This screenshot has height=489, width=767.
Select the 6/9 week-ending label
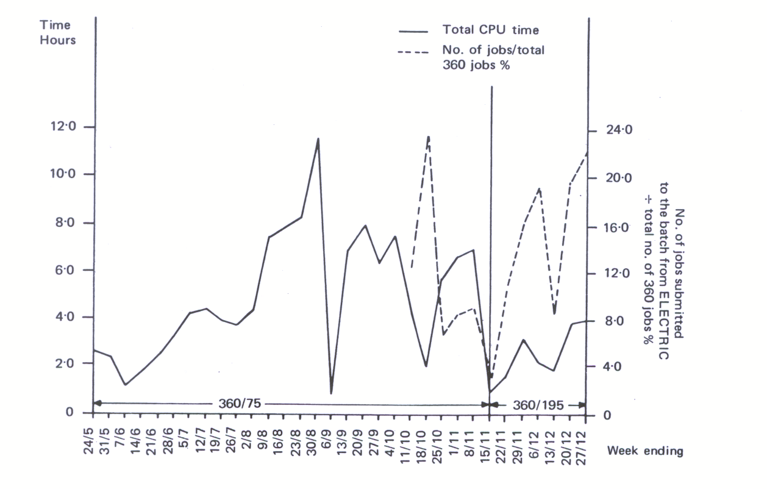pyautogui.click(x=331, y=432)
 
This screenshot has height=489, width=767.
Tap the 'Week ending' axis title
pyautogui.click(x=645, y=451)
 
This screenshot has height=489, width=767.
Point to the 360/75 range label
pyautogui.click(x=240, y=404)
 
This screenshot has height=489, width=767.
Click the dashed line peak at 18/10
pyautogui.click(x=429, y=137)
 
